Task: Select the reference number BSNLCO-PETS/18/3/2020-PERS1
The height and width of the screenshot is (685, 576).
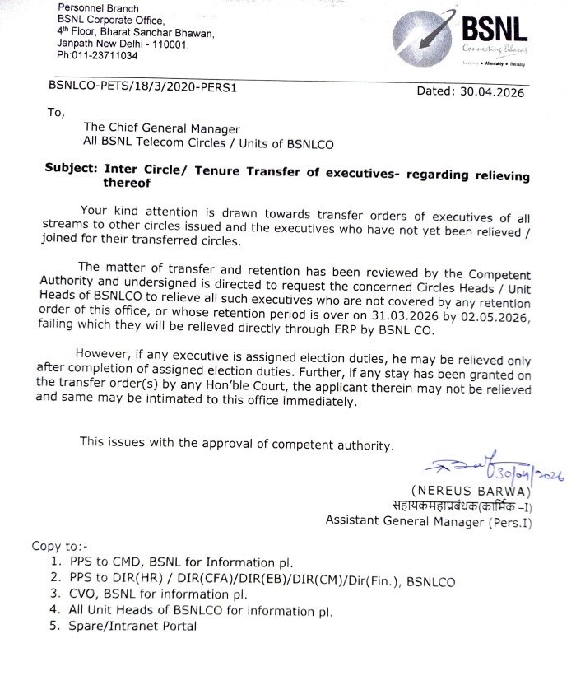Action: tap(142, 85)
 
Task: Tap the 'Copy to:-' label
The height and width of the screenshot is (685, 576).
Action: tap(59, 546)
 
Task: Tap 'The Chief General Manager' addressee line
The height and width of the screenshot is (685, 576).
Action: tap(162, 128)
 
